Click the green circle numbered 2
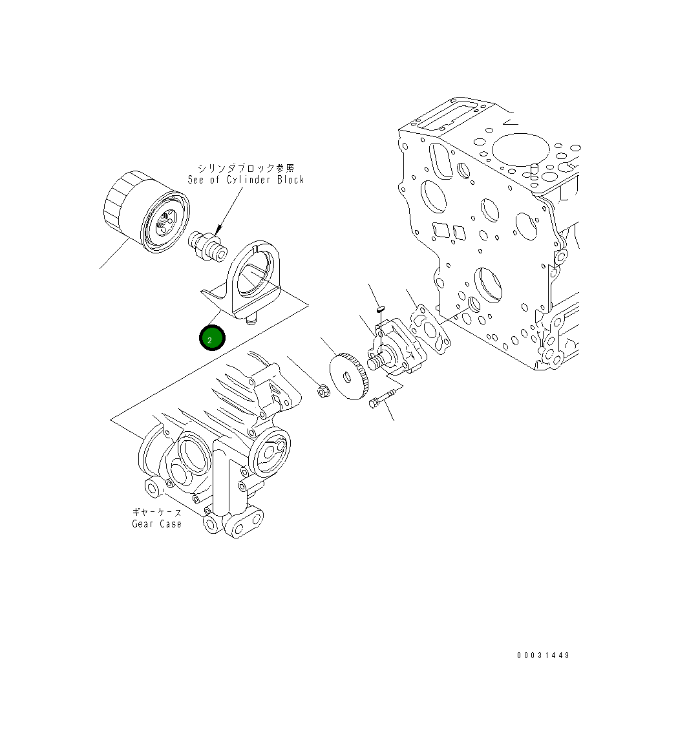pos(211,339)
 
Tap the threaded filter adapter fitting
pos(207,246)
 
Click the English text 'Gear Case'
pos(157,524)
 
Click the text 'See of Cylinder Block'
pos(246,180)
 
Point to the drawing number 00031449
pos(543,655)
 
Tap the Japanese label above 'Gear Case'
pos(157,513)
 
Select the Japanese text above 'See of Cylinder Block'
pos(246,169)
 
